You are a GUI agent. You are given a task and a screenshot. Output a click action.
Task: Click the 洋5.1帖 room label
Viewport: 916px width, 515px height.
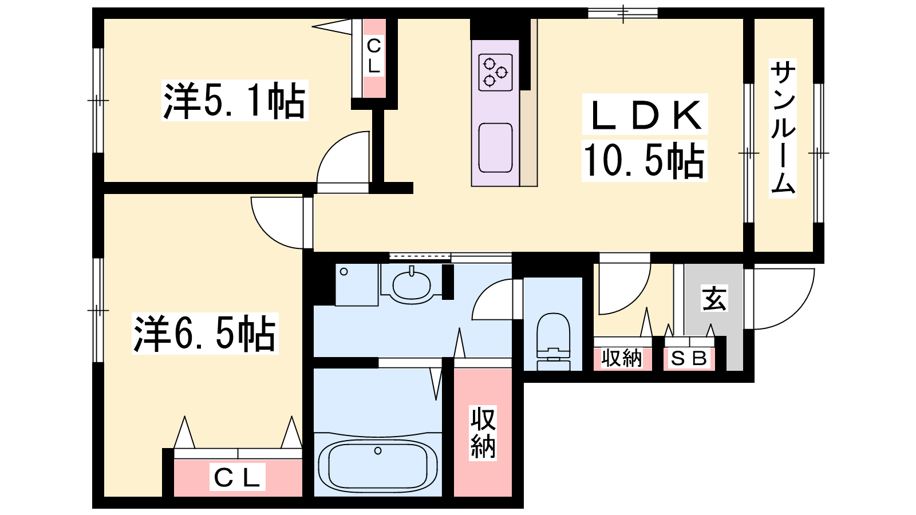point(235,101)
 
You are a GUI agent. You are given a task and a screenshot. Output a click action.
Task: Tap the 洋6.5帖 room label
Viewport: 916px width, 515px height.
point(205,334)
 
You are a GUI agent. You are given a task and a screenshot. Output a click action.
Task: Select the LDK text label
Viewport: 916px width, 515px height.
point(645,115)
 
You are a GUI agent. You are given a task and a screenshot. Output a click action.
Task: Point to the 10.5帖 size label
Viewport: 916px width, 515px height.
point(644,160)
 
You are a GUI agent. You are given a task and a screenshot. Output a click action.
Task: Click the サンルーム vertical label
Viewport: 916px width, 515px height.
point(783,128)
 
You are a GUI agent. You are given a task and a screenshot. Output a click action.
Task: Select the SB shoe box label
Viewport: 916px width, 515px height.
point(689,358)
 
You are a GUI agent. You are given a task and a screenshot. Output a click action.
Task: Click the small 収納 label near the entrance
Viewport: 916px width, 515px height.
point(622,358)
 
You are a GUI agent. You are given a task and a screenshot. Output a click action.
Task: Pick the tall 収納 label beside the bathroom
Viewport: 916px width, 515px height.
point(483,433)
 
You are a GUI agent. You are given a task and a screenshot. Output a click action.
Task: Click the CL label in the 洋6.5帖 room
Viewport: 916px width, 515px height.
point(237,477)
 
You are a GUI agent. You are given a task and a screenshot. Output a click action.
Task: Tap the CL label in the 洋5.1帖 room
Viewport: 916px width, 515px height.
point(374,56)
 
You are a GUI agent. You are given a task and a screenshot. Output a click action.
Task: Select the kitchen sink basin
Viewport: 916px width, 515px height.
point(496,148)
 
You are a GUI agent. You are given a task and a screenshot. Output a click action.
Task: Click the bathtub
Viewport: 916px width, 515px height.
point(378,466)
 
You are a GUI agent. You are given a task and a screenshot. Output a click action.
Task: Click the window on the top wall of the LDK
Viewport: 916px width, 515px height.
point(623,13)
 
